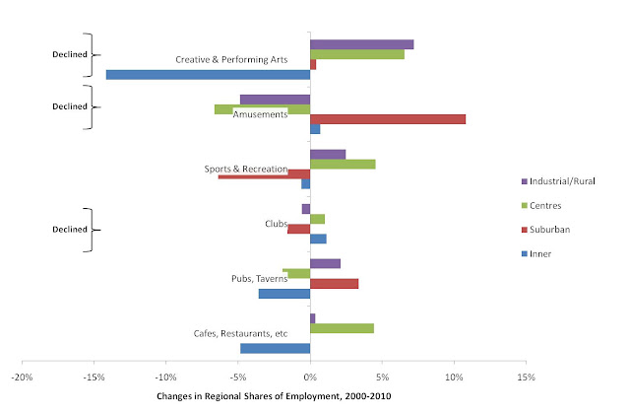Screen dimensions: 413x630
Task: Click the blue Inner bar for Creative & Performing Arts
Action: tap(208, 74)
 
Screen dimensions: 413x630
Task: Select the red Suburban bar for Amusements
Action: tap(388, 118)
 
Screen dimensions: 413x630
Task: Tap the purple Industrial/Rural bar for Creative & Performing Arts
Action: tap(361, 44)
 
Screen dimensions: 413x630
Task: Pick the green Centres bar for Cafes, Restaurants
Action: tap(342, 328)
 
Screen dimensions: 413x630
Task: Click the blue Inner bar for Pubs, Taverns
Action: tap(284, 294)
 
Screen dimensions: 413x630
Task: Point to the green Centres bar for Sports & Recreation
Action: tap(343, 164)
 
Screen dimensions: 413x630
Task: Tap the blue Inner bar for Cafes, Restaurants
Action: tap(275, 348)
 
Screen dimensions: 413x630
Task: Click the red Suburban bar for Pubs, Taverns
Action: tap(334, 283)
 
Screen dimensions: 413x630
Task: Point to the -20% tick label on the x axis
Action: tap(23, 376)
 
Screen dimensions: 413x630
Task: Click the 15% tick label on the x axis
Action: tap(526, 376)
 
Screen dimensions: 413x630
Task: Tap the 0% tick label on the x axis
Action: tap(310, 376)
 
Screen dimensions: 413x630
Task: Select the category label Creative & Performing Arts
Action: tap(231, 60)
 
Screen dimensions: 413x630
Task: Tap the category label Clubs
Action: tap(277, 224)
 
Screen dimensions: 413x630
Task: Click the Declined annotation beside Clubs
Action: tap(70, 229)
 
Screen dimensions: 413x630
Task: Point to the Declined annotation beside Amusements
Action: tap(70, 106)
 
